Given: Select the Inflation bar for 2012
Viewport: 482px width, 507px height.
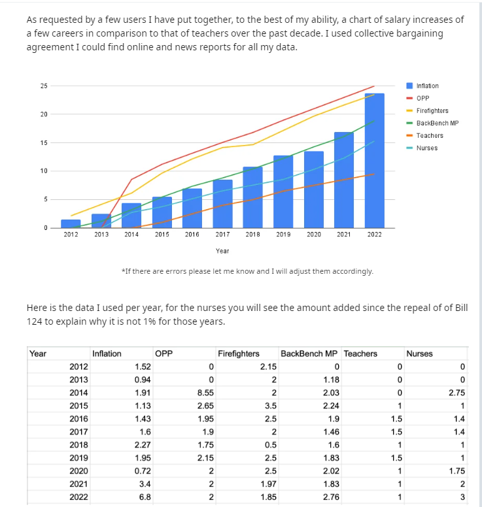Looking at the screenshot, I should pyautogui.click(x=71, y=223).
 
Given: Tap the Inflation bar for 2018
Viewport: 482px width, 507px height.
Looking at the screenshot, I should pyautogui.click(x=252, y=197).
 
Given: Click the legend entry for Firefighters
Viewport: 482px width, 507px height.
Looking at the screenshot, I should pyautogui.click(x=432, y=110).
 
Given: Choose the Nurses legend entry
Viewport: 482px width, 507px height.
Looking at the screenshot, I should pyautogui.click(x=426, y=148).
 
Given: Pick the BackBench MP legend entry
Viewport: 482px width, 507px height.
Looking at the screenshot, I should pyautogui.click(x=437, y=123).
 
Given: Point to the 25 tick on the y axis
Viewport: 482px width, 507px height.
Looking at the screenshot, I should pyautogui.click(x=43, y=86).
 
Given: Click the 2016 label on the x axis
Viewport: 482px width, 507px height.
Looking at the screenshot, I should pyautogui.click(x=192, y=234).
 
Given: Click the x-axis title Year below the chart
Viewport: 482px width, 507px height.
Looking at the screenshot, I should pyautogui.click(x=222, y=251).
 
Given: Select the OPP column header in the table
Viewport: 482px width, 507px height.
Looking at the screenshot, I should pyautogui.click(x=164, y=353).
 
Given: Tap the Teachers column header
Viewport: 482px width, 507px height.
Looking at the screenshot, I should pyautogui.click(x=360, y=353).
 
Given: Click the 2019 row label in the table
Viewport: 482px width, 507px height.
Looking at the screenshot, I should pyautogui.click(x=78, y=458).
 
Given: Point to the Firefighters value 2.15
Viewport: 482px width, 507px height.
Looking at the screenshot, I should pyautogui.click(x=269, y=367).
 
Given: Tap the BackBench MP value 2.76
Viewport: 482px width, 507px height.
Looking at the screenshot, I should pyautogui.click(x=332, y=497).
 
